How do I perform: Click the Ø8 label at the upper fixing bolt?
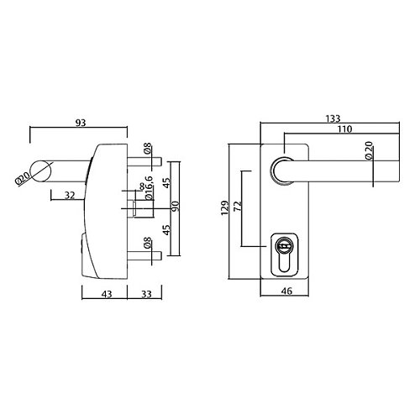pyautogui.click(x=147, y=150)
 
